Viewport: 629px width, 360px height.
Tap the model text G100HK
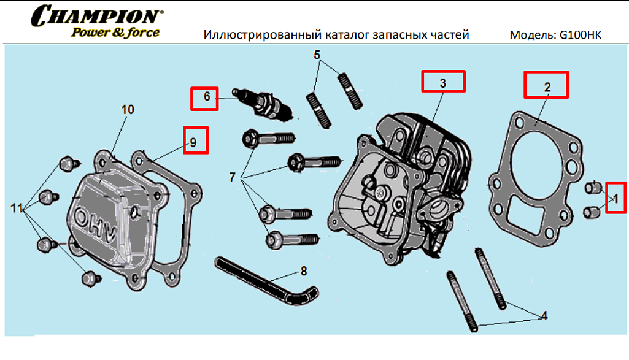(580, 35)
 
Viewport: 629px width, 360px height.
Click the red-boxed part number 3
(443, 82)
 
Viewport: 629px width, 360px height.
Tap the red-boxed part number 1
(616, 197)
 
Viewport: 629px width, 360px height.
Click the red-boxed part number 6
(204, 98)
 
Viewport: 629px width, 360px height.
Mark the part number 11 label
(17, 209)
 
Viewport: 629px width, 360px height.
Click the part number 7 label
(232, 178)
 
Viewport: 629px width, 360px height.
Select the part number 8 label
(303, 270)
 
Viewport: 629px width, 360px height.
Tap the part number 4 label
(543, 316)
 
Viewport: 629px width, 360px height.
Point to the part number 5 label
(317, 55)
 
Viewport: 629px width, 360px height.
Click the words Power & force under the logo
(115, 32)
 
